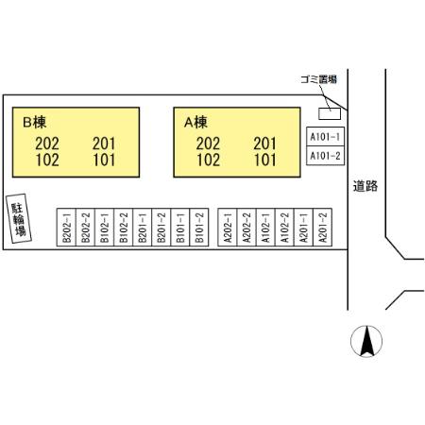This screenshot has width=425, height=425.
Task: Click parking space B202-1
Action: pyautogui.click(x=66, y=227)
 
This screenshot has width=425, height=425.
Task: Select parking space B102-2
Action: pyautogui.click(x=124, y=227)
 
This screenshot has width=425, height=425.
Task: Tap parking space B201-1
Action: pyautogui.click(x=143, y=227)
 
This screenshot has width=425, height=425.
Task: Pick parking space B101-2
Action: pyautogui.click(x=199, y=227)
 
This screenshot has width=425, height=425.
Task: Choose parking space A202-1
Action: pyautogui.click(x=228, y=227)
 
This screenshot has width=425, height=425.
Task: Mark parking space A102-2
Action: pyautogui.click(x=284, y=227)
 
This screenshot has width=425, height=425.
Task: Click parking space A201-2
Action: pyautogui.click(x=323, y=227)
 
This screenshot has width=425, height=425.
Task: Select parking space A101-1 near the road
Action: pyautogui.click(x=326, y=137)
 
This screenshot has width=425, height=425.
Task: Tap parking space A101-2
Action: pyautogui.click(x=326, y=156)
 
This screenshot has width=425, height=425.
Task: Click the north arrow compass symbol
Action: pyautogui.click(x=366, y=341)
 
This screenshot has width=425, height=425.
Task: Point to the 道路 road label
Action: pyautogui.click(x=365, y=186)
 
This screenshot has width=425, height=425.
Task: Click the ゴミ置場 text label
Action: pyautogui.click(x=318, y=79)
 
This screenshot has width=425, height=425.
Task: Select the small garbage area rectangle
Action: pyautogui.click(x=330, y=113)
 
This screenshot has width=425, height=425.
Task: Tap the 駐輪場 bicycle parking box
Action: pyautogui.click(x=19, y=218)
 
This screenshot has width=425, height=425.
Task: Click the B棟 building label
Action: pyautogui.click(x=35, y=122)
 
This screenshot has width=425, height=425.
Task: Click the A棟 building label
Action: pyautogui.click(x=195, y=122)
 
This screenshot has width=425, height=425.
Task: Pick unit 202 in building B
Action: pyautogui.click(x=47, y=144)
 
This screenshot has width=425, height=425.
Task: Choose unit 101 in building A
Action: pyautogui.click(x=265, y=160)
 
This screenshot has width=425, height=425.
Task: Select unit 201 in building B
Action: pyautogui.click(x=104, y=144)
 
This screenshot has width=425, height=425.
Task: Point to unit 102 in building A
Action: pyautogui.click(x=209, y=160)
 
